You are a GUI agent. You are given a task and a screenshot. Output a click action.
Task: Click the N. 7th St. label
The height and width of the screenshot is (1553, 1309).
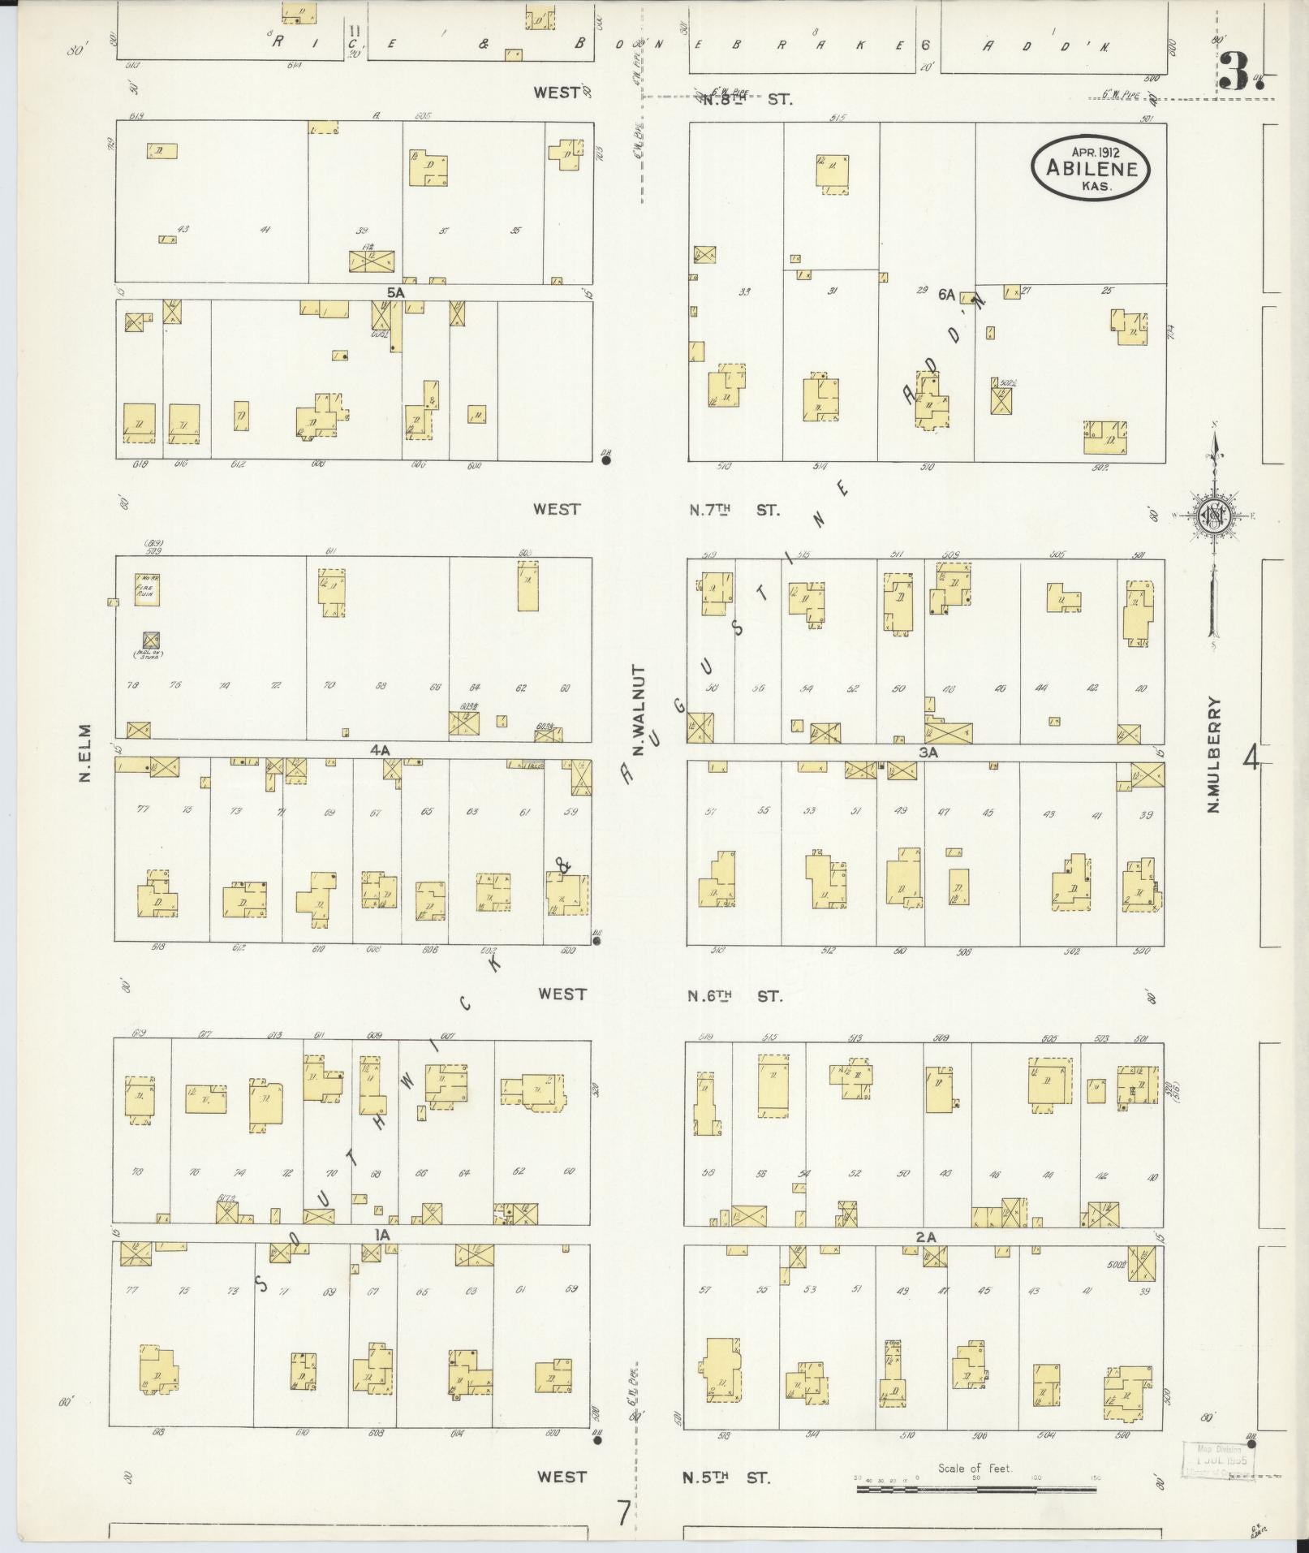click(734, 510)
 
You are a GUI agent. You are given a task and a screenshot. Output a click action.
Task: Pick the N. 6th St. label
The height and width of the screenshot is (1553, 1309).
click(735, 995)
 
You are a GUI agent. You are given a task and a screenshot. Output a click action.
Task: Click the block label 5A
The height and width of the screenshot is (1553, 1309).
click(395, 291)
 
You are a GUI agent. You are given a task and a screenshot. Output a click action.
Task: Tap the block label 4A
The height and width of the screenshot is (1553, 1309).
click(380, 750)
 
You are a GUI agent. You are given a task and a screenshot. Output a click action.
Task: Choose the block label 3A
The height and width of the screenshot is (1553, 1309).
click(928, 753)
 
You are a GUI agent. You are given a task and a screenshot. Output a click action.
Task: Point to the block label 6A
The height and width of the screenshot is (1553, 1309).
click(946, 296)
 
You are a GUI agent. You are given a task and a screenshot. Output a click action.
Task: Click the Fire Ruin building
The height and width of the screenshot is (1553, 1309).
click(147, 589)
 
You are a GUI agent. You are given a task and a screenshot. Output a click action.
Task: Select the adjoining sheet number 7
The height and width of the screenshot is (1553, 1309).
click(622, 1513)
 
